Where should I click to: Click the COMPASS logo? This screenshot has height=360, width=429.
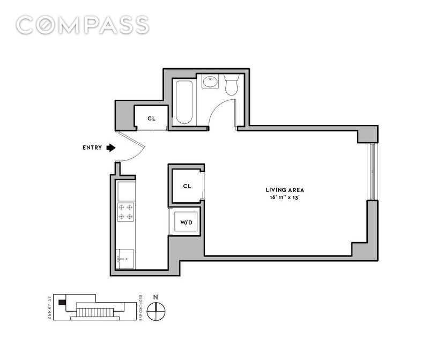[83, 25]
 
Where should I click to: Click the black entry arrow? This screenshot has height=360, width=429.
[111, 148]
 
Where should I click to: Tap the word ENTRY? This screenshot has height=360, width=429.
[92, 148]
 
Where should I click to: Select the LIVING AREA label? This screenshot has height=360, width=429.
[285, 190]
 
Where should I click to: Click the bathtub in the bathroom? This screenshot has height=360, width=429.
[184, 102]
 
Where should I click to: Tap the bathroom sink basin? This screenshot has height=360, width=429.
[210, 81]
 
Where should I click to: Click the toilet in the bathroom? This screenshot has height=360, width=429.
[232, 85]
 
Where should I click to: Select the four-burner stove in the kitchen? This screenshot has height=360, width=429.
[125, 212]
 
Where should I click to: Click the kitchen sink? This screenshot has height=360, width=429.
[125, 259]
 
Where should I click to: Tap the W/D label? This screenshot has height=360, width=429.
[186, 223]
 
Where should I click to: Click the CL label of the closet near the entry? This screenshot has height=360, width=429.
[152, 119]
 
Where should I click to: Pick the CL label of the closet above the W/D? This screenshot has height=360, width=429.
[187, 186]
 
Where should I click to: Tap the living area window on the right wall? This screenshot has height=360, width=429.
[372, 171]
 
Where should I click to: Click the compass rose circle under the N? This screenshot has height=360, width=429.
[156, 312]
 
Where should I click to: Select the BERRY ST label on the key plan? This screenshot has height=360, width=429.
[49, 307]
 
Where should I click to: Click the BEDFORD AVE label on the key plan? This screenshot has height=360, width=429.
[140, 308]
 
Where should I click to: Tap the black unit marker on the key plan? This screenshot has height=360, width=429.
[62, 302]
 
